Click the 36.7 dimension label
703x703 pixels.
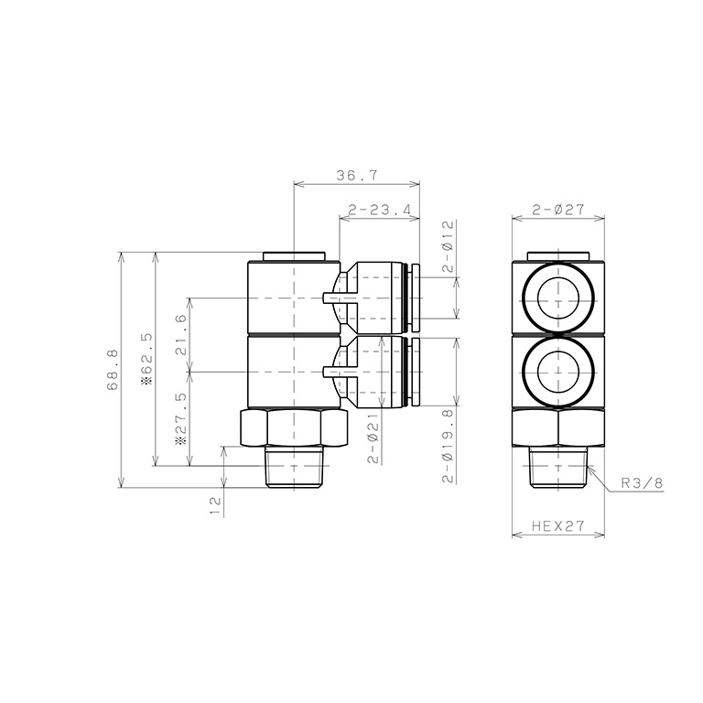[355, 174]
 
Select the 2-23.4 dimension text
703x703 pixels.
[378, 210]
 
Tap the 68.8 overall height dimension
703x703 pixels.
[114, 370]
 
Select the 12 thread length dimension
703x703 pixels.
[217, 504]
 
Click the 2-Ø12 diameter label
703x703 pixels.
[448, 245]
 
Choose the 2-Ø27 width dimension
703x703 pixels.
[558, 210]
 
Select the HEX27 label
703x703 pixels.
[558, 528]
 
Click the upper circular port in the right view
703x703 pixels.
[557, 297]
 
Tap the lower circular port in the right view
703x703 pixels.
[557, 372]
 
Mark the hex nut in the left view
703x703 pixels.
[292, 427]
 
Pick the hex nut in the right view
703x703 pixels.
[557, 427]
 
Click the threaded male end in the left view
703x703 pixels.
[292, 467]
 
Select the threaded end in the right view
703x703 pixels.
[557, 467]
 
